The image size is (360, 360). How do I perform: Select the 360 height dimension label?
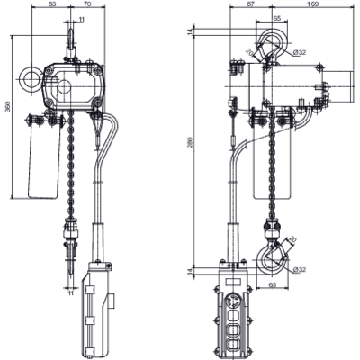tap(8, 107)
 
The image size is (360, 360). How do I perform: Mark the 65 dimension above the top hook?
tap(251, 18)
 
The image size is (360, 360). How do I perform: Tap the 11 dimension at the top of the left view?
tap(83, 19)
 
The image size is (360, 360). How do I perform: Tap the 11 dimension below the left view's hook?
tap(70, 292)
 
